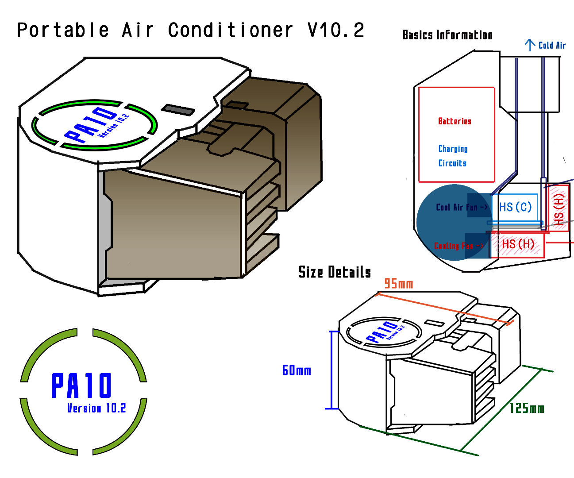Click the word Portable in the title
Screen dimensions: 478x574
tap(63, 31)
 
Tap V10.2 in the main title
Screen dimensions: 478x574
tap(336, 31)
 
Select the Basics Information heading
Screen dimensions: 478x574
tap(447, 35)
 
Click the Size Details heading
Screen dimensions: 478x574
tap(335, 272)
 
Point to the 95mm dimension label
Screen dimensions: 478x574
tap(398, 284)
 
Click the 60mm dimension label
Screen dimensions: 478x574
tap(297, 370)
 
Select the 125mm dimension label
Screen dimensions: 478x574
tap(527, 408)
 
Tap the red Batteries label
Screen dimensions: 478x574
tap(455, 121)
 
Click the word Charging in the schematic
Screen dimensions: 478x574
tap(453, 149)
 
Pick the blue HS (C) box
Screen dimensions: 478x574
tap(515, 207)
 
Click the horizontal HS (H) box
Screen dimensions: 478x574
tap(518, 244)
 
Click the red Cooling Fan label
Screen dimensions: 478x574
tap(458, 246)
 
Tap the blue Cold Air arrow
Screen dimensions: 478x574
tap(530, 45)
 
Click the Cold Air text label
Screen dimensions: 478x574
tap(552, 45)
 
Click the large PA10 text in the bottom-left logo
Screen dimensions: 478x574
tap(82, 386)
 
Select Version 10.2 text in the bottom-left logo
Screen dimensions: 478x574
tap(96, 408)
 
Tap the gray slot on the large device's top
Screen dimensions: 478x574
tap(177, 109)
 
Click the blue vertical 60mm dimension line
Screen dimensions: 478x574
tap(331, 370)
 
